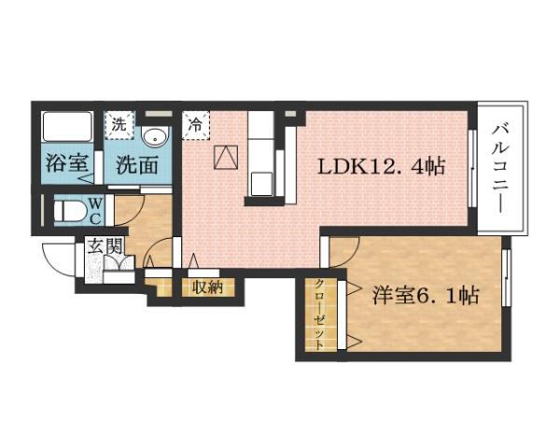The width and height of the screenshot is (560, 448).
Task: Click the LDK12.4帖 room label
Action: (x=381, y=168)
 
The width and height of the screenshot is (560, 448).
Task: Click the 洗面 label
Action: (x=137, y=166)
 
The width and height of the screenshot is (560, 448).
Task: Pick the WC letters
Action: (x=95, y=212)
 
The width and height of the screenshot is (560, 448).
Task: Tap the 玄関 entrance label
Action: (x=105, y=247)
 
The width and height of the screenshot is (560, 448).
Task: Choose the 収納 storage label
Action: (x=208, y=287)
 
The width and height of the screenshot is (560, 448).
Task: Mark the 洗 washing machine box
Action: (x=119, y=122)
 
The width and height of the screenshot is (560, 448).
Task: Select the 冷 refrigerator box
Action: (x=197, y=123)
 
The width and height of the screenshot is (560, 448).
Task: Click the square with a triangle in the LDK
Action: (x=226, y=159)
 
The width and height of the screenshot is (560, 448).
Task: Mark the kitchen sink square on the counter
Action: (x=261, y=181)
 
